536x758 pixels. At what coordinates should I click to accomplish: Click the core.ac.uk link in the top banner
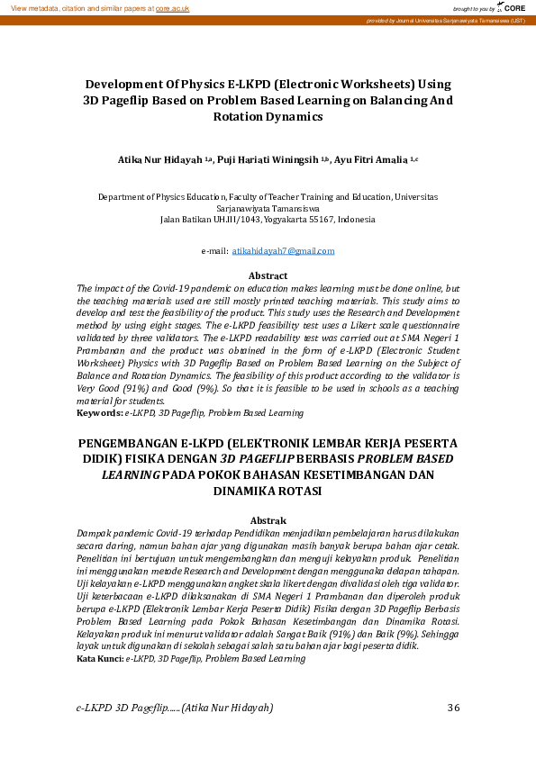tap(171, 7)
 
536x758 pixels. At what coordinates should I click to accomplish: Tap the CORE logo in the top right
tap(512, 7)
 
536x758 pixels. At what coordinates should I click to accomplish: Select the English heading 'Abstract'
tap(268, 275)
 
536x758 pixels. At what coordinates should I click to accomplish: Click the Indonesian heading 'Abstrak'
tap(268, 520)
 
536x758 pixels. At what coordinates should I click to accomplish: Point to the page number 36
tap(453, 708)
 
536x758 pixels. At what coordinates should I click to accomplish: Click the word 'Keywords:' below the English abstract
tap(99, 413)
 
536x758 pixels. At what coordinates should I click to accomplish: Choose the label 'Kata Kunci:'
tap(100, 659)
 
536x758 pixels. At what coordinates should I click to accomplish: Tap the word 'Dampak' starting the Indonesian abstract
tap(95, 533)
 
